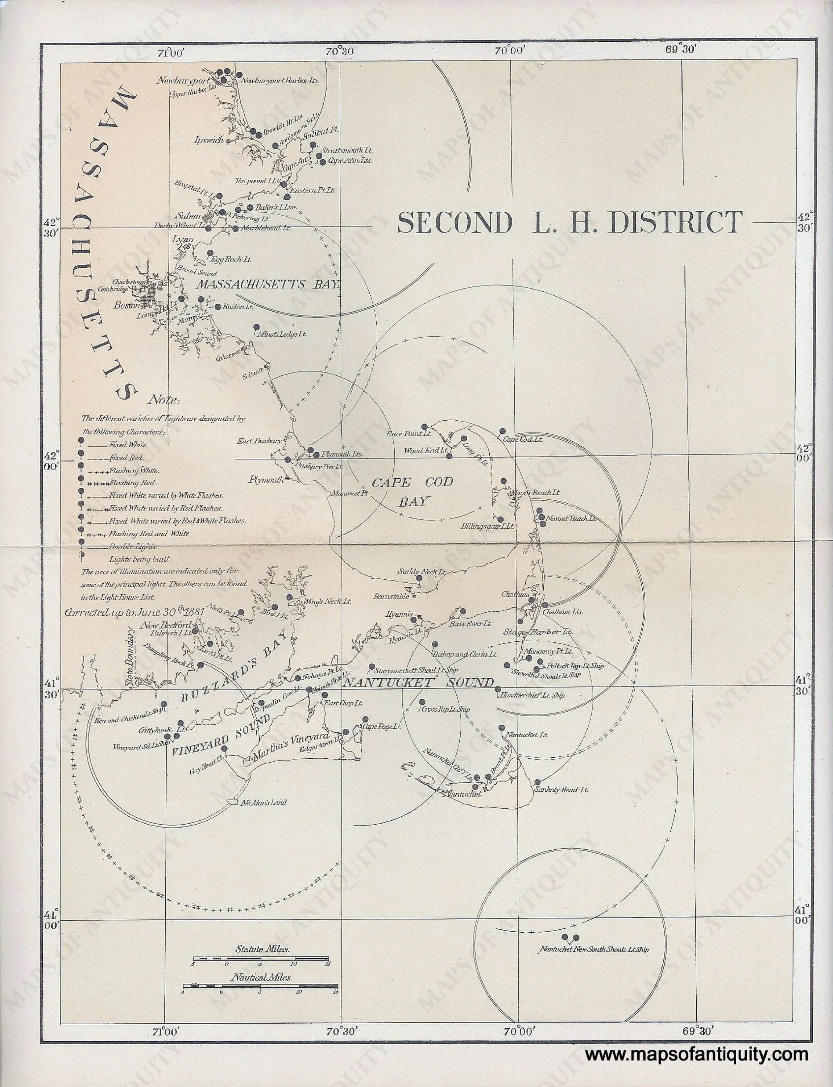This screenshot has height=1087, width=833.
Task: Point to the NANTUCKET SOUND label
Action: click(419, 683)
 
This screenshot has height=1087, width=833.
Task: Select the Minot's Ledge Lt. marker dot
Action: click(256, 327)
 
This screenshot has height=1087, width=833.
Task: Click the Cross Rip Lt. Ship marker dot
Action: click(422, 702)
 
